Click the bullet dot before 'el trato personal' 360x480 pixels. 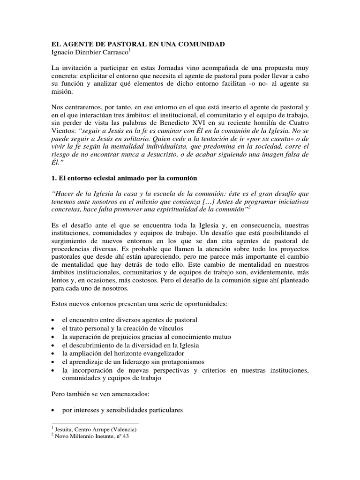coord(54,328)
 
